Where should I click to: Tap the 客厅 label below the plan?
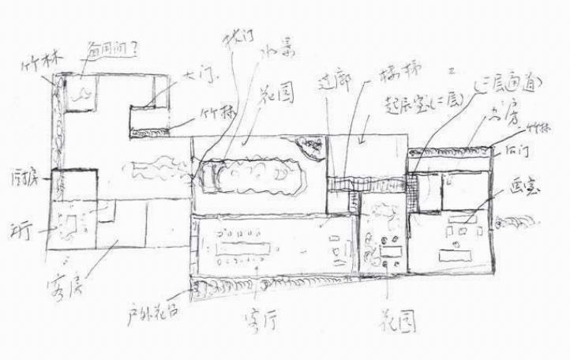point(261,321)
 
